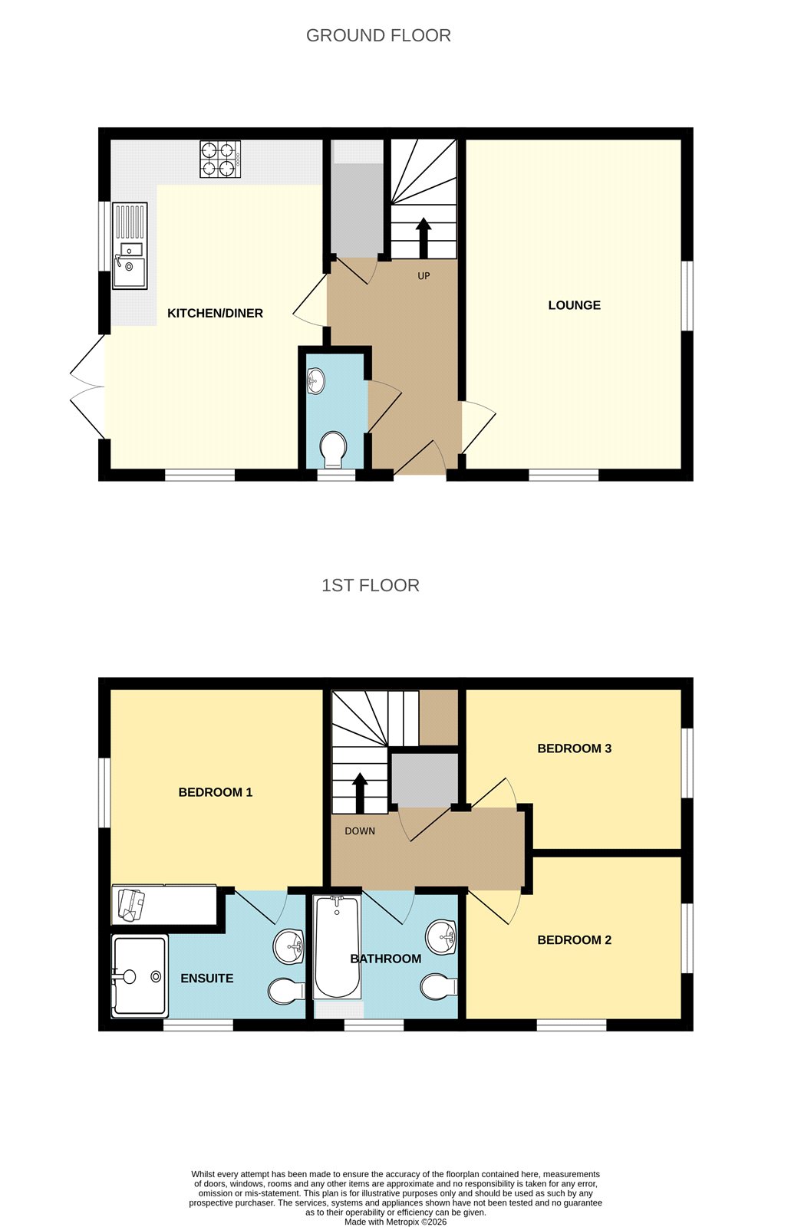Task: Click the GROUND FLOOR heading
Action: (378, 35)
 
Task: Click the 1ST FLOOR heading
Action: (370, 586)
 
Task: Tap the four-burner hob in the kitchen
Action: (220, 159)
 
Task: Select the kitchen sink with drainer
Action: (130, 245)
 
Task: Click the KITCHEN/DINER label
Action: (215, 313)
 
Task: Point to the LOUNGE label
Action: (574, 305)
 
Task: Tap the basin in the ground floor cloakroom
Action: (315, 380)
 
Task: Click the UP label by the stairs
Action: (424, 276)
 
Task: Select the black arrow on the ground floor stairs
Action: (423, 237)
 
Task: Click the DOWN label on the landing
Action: (360, 831)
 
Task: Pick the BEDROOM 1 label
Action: (216, 792)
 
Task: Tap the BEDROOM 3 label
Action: (574, 748)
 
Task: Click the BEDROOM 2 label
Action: (574, 940)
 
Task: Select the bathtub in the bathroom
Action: (337, 947)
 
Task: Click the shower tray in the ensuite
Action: (139, 976)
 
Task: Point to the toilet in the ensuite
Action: (285, 991)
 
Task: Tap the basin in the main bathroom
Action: (441, 936)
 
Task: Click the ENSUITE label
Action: (207, 979)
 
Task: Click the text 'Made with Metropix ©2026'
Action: (395, 1222)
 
